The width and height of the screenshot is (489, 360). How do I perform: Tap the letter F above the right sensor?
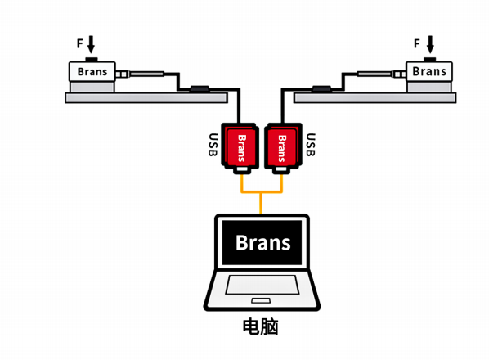click(417, 43)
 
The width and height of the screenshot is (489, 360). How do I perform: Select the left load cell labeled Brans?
click(92, 71)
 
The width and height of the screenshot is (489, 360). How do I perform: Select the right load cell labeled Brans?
click(428, 71)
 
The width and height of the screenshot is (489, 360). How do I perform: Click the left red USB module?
click(240, 148)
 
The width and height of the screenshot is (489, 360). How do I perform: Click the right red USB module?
click(283, 148)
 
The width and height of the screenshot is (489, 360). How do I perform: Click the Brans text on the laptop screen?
click(262, 242)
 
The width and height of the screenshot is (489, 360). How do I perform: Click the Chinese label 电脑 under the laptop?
click(262, 327)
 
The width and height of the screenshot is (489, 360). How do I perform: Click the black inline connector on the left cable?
click(200, 88)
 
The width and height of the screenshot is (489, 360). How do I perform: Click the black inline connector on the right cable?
click(321, 88)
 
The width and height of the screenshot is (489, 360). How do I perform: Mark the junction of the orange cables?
click(262, 193)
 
